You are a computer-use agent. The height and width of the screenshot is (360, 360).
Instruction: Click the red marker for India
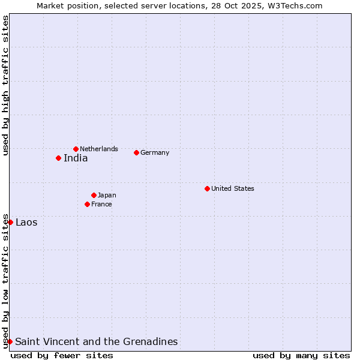click(x=58, y=158)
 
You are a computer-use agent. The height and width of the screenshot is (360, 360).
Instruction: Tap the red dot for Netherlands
click(x=76, y=149)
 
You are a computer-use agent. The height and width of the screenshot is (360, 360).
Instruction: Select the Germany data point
click(x=136, y=152)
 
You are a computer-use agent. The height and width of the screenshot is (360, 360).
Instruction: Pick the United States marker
click(x=207, y=188)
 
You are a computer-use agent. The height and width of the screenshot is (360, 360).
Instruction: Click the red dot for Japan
click(x=94, y=195)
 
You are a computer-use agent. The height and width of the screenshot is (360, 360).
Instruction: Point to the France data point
click(x=87, y=204)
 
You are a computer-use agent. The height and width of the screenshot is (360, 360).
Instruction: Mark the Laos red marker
click(x=10, y=222)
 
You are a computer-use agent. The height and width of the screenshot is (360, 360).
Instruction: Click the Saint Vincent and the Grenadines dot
click(x=10, y=341)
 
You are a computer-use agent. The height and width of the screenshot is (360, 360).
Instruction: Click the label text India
click(x=76, y=158)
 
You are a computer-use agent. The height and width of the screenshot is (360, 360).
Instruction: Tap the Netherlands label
click(x=99, y=149)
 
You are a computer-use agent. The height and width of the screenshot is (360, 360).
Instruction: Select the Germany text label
click(x=155, y=152)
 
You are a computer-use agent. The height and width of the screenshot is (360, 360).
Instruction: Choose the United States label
click(x=233, y=188)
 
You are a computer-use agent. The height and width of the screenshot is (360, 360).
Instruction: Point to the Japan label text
click(x=107, y=195)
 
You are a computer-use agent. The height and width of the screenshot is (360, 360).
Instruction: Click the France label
click(x=101, y=204)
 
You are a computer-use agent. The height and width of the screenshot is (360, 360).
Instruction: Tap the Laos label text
click(x=26, y=223)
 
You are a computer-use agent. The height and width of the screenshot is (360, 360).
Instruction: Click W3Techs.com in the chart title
click(x=295, y=5)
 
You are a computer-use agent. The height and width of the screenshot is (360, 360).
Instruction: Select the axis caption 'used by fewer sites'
click(x=62, y=355)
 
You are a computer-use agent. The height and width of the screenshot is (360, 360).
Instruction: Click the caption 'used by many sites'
click(x=301, y=355)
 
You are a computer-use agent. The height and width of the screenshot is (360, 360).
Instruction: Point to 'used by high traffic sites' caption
click(x=5, y=85)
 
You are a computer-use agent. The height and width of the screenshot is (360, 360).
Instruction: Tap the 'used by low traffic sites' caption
click(x=5, y=280)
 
